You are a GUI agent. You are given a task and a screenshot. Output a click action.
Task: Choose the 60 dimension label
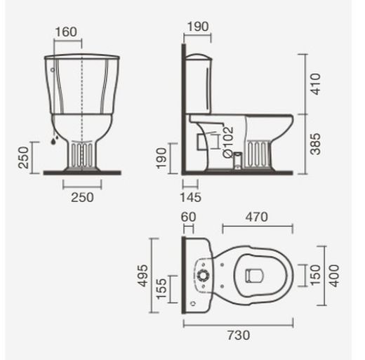point(188,218)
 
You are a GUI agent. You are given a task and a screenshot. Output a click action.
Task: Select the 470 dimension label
point(257,218)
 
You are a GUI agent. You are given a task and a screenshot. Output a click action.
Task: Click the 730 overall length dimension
point(238,335)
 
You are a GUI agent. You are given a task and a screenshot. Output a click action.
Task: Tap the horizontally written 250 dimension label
point(82,198)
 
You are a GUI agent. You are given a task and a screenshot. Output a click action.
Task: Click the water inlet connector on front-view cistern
point(53,138)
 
